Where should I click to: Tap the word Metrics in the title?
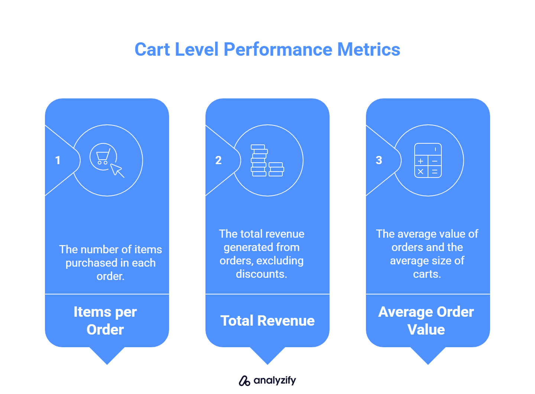[369, 49]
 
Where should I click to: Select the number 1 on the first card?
[58, 160]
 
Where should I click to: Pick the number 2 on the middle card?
[218, 160]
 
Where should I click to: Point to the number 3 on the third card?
[379, 160]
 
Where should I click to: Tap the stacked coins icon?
[267, 160]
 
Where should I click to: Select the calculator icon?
[428, 160]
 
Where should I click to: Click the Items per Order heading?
[105, 320]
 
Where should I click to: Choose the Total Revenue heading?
[267, 321]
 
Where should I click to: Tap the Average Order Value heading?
[426, 320]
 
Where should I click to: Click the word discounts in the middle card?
[261, 274]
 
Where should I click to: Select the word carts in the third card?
[427, 274]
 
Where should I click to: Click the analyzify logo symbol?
[244, 381]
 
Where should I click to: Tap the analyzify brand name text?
[275, 380]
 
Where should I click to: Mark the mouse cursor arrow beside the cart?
[117, 170]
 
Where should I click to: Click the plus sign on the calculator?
[421, 161]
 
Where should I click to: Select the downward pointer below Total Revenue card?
[267, 355]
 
